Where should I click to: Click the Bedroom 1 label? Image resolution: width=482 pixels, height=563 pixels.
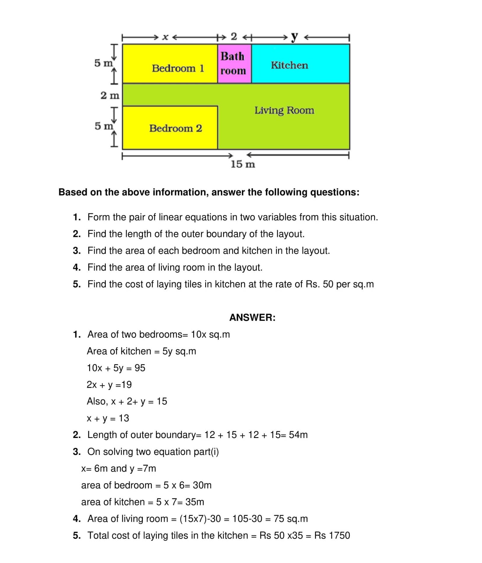178,68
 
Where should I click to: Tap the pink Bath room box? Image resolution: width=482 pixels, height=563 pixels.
234,64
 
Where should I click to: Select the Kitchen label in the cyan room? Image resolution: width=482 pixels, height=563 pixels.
289,65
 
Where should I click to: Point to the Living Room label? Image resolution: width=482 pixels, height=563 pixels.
284,110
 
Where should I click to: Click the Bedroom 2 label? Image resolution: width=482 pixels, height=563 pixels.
176,128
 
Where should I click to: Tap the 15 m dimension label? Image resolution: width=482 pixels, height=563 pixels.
243,164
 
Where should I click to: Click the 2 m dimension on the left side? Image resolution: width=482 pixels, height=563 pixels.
110,95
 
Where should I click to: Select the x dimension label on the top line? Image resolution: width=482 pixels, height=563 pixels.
165,37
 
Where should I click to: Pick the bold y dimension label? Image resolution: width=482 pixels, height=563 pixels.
294,37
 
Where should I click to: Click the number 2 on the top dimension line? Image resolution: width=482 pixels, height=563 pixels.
234,36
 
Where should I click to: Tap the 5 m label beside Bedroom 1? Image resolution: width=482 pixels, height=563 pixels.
103,63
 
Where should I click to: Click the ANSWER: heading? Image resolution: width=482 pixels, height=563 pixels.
252,317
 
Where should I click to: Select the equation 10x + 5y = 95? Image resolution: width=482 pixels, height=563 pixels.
116,368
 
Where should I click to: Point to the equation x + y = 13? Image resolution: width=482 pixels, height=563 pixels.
108,418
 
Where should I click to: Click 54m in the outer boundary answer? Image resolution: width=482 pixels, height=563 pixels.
298,435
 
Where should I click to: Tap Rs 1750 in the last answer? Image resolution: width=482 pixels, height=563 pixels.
332,535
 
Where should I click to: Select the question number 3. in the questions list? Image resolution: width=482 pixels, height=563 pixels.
77,251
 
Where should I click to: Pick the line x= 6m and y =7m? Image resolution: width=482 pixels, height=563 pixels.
118,468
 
